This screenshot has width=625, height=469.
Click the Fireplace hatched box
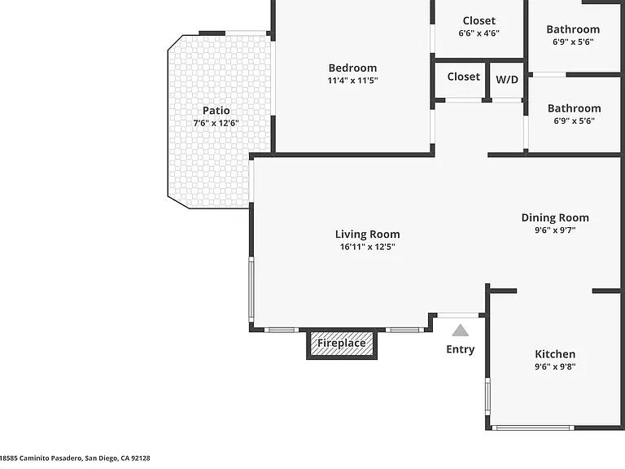(342, 344)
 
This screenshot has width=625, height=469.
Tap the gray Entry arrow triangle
(461, 331)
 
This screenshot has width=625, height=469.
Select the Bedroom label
(352, 68)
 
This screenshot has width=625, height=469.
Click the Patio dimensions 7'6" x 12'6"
(216, 123)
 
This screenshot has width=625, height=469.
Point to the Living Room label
(367, 234)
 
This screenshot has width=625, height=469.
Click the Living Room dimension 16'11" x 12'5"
(367, 247)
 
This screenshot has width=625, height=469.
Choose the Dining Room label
(555, 217)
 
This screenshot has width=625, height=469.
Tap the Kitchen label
(555, 353)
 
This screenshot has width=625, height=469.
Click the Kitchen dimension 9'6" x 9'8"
(555, 366)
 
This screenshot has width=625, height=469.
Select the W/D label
(507, 79)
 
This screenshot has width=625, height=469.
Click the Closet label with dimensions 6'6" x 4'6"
(479, 20)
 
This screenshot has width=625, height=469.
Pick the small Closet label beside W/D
(464, 77)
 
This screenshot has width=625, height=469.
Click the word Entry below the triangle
(461, 349)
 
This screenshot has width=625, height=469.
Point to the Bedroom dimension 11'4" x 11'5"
(352, 80)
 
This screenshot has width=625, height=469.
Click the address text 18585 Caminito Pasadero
(42, 458)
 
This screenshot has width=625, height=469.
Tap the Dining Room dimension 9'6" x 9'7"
(555, 230)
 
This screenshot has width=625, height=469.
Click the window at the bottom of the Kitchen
(532, 428)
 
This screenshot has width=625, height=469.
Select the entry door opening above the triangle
(458, 315)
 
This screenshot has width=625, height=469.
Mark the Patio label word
(216, 111)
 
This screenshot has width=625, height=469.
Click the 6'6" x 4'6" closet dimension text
(479, 33)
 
